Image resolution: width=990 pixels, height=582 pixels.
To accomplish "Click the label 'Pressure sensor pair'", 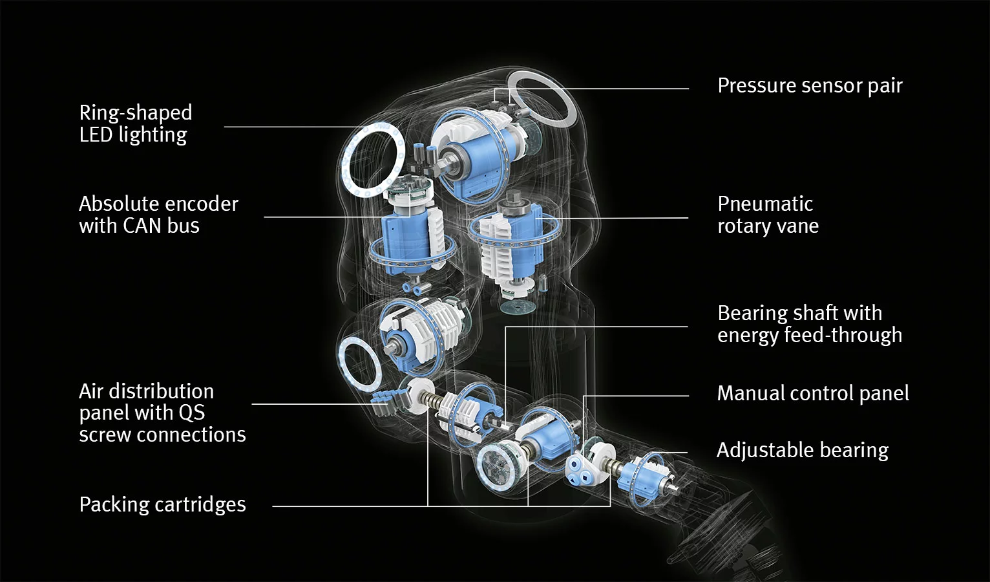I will point(809,85).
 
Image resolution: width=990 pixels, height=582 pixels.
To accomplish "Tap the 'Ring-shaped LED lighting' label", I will point(135,124).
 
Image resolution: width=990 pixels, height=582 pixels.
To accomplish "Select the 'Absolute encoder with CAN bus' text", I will point(158,215).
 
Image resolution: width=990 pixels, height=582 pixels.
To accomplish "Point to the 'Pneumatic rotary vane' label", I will point(768,215).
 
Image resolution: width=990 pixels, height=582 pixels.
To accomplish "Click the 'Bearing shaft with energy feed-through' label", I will point(809,324).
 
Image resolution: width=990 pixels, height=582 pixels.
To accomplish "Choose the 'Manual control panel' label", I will point(812,393).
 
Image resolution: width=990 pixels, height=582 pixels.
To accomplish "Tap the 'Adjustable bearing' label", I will point(802,450).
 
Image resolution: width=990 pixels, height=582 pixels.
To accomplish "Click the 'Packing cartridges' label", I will point(162,504).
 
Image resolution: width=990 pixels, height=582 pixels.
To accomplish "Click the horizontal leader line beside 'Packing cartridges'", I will point(349,506).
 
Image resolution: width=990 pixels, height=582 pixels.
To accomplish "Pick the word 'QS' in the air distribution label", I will point(191,413).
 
